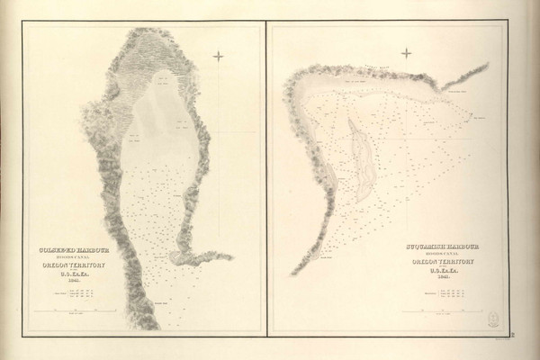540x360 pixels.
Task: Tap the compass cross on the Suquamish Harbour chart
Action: click(406, 52)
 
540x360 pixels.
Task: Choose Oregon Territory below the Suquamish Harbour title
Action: click(442, 260)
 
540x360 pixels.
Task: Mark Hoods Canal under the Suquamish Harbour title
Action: click(442, 252)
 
